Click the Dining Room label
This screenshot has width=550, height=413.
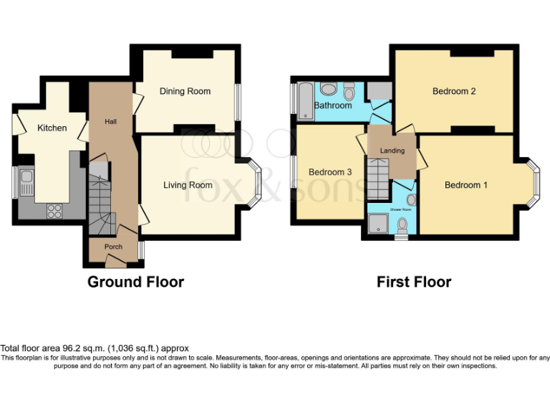[185, 91]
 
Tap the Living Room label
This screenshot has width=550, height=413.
[188, 185]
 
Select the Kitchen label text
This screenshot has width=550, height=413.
[52, 128]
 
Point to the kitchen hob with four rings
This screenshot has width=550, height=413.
[54, 210]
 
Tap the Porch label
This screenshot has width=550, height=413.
[113, 247]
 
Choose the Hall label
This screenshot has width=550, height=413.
[111, 122]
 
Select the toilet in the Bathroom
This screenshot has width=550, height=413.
[349, 92]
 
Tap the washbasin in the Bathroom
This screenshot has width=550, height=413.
[329, 89]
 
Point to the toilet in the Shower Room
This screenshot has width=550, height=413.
[402, 225]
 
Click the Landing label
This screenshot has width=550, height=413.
[392, 151]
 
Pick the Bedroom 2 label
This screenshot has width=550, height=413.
[454, 91]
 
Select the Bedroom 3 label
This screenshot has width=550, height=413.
[330, 172]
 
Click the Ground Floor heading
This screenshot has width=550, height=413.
[135, 282]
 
